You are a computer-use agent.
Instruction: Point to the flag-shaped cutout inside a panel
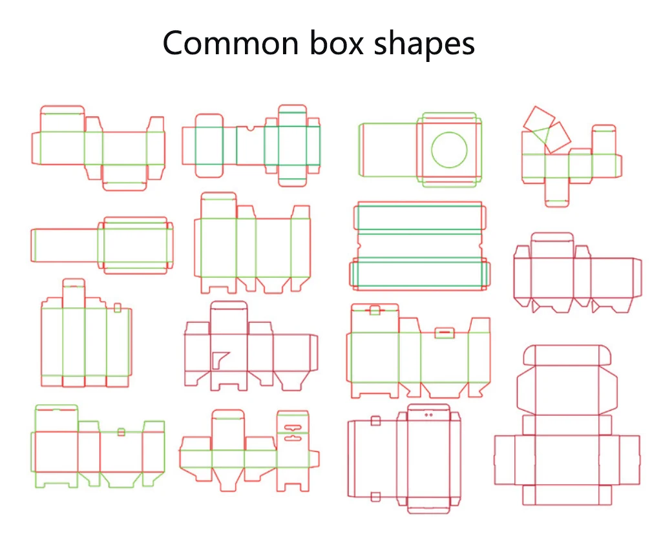[220, 359]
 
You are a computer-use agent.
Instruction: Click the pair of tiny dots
[428, 414]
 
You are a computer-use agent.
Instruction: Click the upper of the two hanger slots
[294, 426]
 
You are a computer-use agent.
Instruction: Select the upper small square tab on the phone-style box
[375, 421]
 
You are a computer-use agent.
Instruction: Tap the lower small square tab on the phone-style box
[375, 497]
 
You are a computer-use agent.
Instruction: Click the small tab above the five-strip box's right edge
[118, 307]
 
